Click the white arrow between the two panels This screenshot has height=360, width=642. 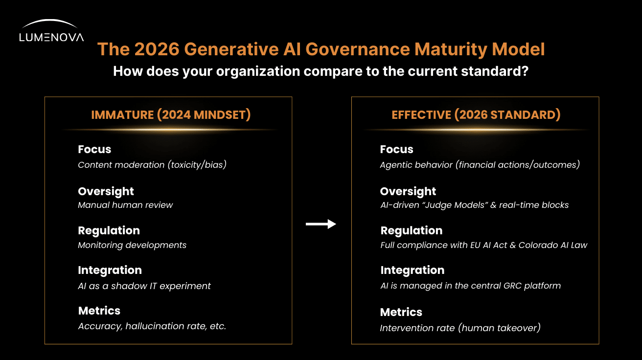point(321,224)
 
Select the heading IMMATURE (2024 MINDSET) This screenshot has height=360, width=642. point(171,115)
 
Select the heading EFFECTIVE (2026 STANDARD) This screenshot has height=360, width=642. point(476,115)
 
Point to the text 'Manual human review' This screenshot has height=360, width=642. point(125,205)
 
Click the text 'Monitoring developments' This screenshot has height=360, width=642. point(132,245)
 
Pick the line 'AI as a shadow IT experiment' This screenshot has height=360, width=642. point(144,286)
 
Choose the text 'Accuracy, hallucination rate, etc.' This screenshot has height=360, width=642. point(152,326)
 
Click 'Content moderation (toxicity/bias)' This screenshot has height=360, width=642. point(152,165)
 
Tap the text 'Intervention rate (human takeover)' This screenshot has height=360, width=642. point(460,328)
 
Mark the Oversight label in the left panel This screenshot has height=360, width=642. point(106,191)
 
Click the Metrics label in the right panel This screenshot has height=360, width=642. point(401,312)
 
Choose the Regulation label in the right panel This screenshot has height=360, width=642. point(411,230)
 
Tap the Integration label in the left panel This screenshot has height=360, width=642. point(110,270)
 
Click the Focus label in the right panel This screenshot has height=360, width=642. point(396,150)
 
